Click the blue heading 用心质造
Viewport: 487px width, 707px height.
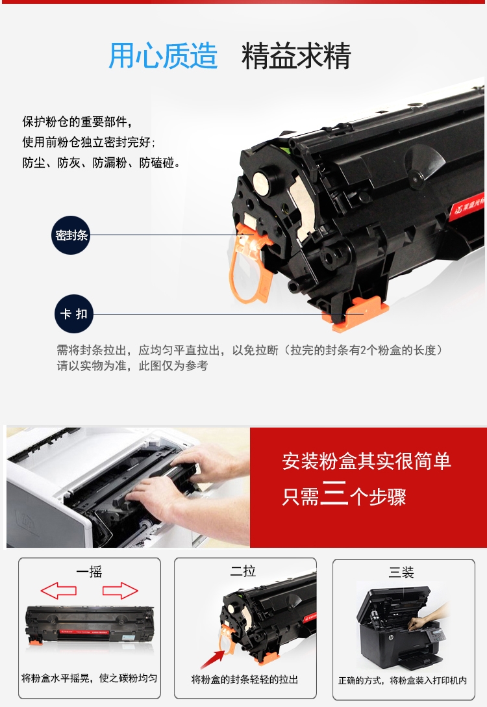pyautogui.click(x=163, y=55)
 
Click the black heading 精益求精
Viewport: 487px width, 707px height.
pyautogui.click(x=296, y=56)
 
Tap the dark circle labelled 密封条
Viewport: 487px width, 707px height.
pyautogui.click(x=71, y=235)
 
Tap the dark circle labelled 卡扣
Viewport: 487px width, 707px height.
pyautogui.click(x=74, y=314)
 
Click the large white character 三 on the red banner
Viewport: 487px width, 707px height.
pyautogui.click(x=334, y=493)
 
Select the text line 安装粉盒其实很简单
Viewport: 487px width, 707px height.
pyautogui.click(x=366, y=461)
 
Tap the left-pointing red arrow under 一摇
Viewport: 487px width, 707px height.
pyautogui.click(x=58, y=590)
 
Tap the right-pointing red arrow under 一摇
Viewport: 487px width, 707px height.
pyautogui.click(x=120, y=591)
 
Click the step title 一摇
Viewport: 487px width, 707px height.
pyautogui.click(x=89, y=572)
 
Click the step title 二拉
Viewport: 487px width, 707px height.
pyautogui.click(x=243, y=571)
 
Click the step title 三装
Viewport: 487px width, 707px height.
pyautogui.click(x=401, y=572)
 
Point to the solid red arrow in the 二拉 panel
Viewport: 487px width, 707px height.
pyautogui.click(x=212, y=659)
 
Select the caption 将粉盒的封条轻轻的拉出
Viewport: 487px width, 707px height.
pyautogui.click(x=245, y=680)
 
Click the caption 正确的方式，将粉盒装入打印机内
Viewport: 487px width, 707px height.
pyautogui.click(x=403, y=680)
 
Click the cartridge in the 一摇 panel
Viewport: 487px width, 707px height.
pyautogui.click(x=89, y=626)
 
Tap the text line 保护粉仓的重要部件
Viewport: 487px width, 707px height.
pyautogui.click(x=77, y=122)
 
